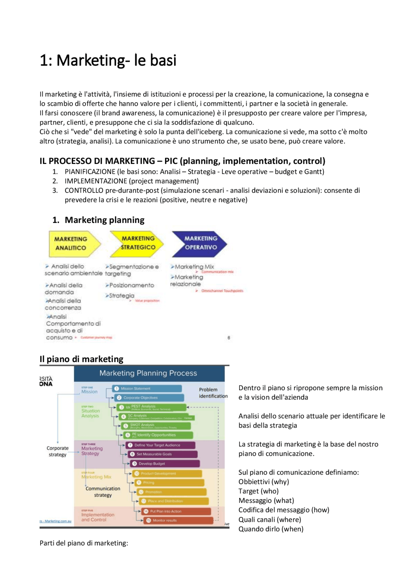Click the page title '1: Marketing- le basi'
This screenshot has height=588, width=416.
(108, 60)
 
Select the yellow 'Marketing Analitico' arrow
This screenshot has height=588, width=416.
(73, 244)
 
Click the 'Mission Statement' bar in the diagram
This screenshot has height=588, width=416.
(147, 388)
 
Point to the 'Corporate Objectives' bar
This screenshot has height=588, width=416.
(149, 397)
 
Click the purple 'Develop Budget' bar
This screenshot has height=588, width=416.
(165, 464)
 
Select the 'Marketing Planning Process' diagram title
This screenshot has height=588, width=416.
(148, 373)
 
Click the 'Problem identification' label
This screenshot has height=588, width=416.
(213, 393)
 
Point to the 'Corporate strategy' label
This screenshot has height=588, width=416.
(58, 451)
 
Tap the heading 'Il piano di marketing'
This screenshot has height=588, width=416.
(81, 359)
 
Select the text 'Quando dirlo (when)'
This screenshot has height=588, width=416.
(271, 529)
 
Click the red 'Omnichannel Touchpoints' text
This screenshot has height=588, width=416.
(222, 291)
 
